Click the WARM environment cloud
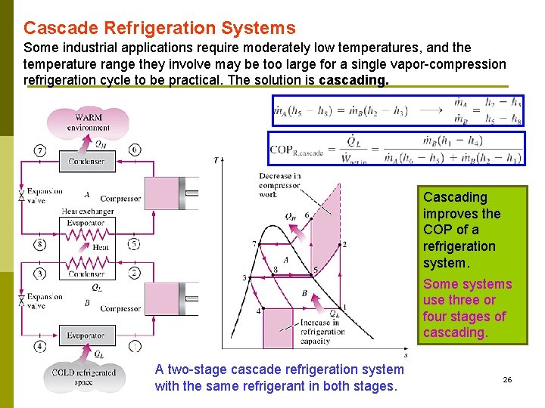tap(89, 122)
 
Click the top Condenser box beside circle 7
tap(86, 161)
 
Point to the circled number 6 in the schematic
tap(134, 150)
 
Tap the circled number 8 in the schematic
tap(39, 244)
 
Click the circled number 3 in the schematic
tap(39, 273)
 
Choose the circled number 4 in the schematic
tap(39, 346)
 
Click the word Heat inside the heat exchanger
tap(100, 247)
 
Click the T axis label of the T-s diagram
tap(216, 160)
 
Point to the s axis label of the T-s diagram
tap(406, 354)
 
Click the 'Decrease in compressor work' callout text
tap(279, 186)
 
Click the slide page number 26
tap(507, 379)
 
